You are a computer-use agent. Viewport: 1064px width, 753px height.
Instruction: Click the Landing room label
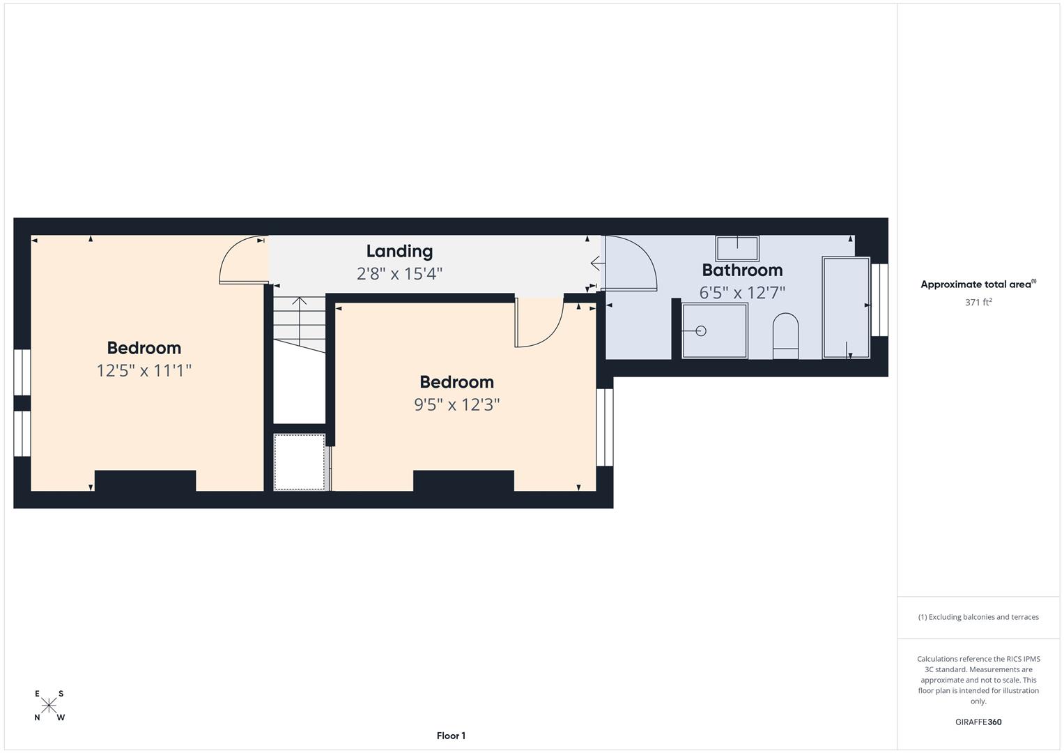pyautogui.click(x=399, y=252)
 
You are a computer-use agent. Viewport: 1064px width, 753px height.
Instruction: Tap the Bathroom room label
pyautogui.click(x=742, y=270)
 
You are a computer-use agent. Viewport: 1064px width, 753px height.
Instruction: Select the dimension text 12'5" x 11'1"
pyautogui.click(x=144, y=370)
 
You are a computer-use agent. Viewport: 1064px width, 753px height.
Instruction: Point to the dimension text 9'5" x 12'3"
pyautogui.click(x=457, y=404)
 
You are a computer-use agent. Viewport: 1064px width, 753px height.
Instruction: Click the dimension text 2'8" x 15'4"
pyautogui.click(x=399, y=274)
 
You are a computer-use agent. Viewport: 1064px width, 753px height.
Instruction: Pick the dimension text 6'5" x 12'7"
pyautogui.click(x=742, y=292)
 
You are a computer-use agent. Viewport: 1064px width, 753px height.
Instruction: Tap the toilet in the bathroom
pyautogui.click(x=786, y=335)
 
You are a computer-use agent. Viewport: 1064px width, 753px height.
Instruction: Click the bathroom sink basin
pyautogui.click(x=737, y=249)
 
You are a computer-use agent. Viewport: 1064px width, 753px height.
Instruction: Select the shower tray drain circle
pyautogui.click(x=701, y=331)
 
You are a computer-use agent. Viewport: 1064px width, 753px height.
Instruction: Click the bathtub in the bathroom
pyautogui.click(x=846, y=307)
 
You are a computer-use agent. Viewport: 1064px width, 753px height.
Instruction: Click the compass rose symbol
pyautogui.click(x=49, y=706)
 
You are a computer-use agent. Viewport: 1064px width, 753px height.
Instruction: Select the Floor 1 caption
pyautogui.click(x=452, y=736)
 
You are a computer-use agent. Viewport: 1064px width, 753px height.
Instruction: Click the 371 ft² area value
pyautogui.click(x=978, y=302)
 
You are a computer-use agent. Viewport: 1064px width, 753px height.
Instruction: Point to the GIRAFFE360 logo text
pyautogui.click(x=978, y=722)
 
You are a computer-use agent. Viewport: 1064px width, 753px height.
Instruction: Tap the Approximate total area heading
pyautogui.click(x=978, y=284)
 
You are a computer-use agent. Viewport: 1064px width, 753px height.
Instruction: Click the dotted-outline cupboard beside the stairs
pyautogui.click(x=299, y=462)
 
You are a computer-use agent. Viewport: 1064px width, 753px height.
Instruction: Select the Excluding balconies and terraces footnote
pyautogui.click(x=978, y=617)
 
